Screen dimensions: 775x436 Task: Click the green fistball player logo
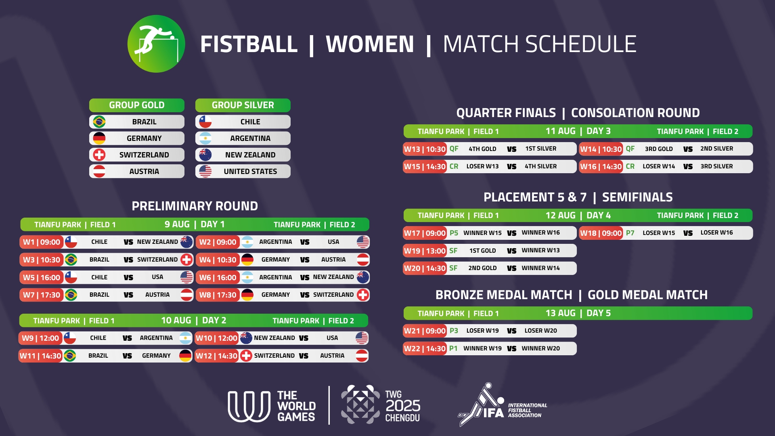point(156,44)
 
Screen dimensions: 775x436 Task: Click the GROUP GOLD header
point(137,105)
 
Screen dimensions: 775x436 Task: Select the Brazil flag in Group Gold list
point(99,122)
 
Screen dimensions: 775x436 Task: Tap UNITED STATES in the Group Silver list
point(250,171)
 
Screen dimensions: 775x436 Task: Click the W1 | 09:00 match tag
point(42,242)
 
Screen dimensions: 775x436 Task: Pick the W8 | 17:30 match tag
point(218,295)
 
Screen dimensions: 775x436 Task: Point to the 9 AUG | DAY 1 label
point(195,224)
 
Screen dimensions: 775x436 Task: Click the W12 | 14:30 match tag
point(216,356)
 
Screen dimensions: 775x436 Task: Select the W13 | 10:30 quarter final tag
point(425,149)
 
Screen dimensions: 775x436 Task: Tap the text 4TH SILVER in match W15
point(540,166)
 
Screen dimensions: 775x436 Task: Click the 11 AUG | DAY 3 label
point(578,131)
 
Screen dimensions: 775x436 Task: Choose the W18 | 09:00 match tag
point(601,233)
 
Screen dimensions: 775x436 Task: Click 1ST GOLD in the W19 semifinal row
point(482,251)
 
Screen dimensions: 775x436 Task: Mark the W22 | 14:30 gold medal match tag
point(425,348)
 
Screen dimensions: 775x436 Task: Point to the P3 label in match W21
point(454,331)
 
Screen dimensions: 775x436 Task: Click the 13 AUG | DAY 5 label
point(578,313)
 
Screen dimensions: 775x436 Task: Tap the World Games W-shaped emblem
point(249,407)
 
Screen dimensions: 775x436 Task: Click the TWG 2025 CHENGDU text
point(402,406)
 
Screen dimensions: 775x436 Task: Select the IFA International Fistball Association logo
point(503,405)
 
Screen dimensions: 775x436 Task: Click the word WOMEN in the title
point(370,44)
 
